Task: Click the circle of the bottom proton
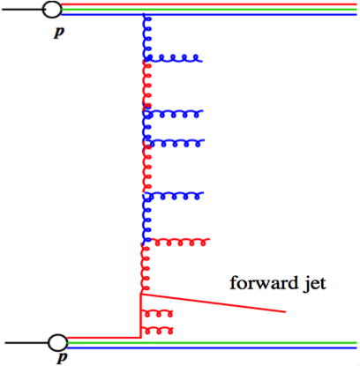tap(57, 340)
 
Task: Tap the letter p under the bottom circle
tap(62, 358)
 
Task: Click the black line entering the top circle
tap(22, 11)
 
